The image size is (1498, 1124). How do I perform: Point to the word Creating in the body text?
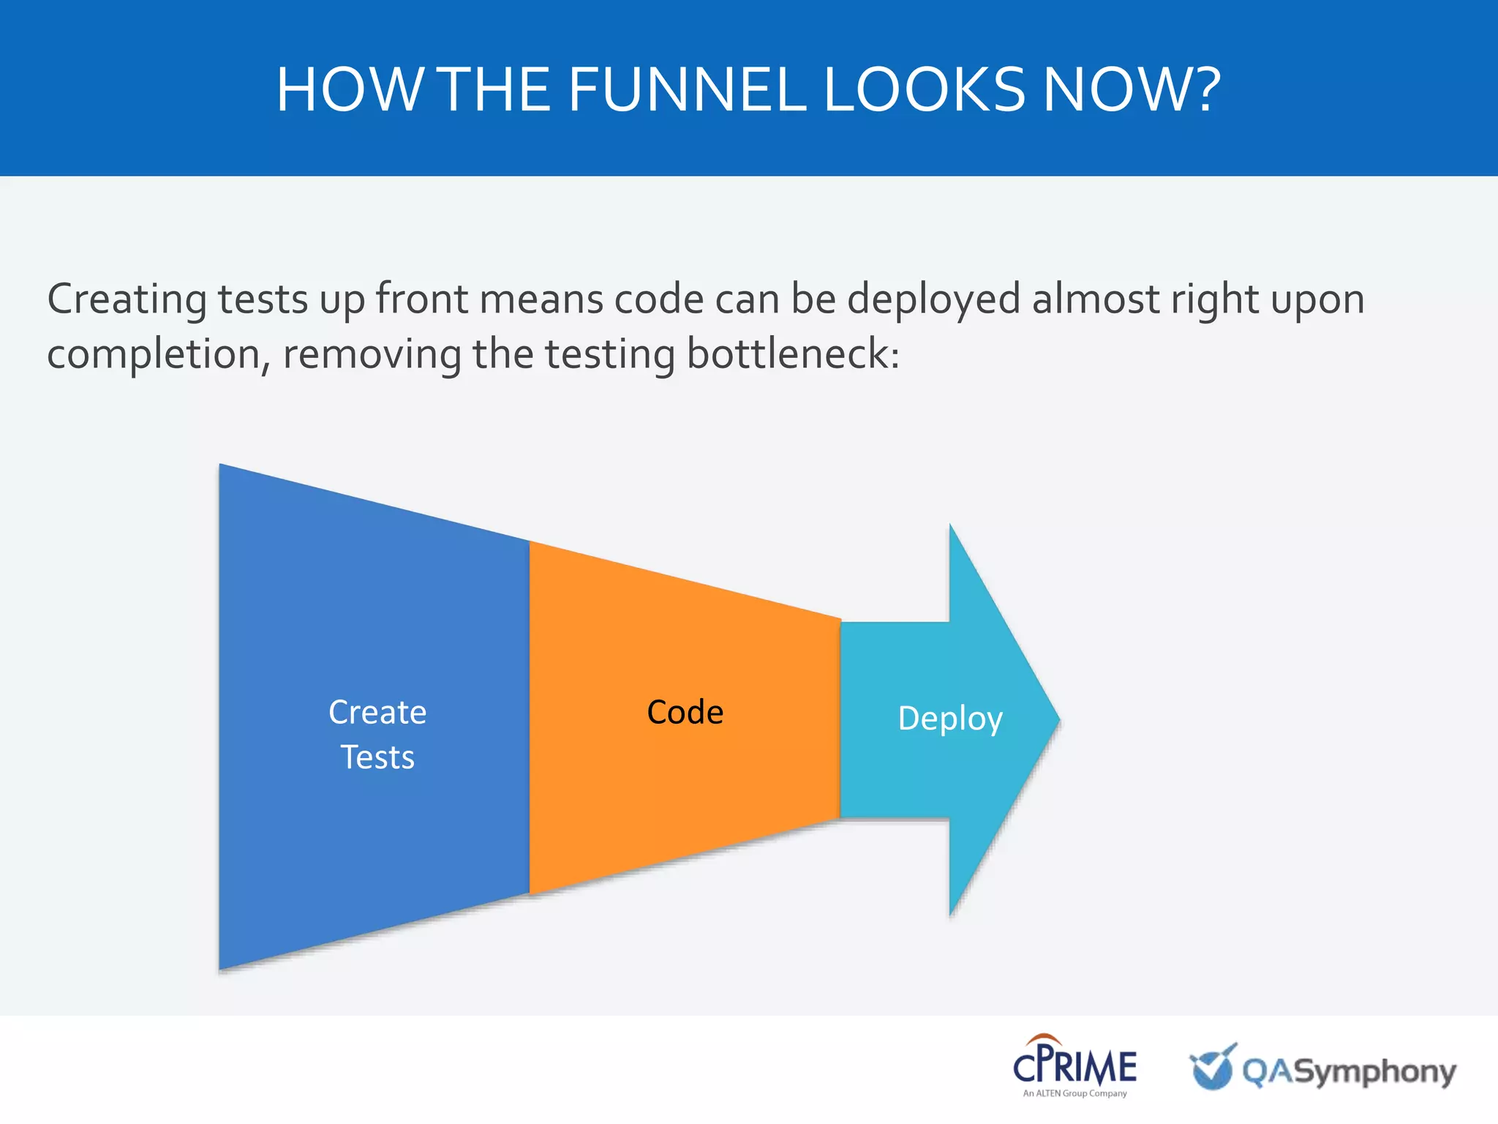pyautogui.click(x=127, y=300)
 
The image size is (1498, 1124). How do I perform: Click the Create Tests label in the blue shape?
pyautogui.click(x=377, y=734)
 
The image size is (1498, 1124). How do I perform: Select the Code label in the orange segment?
pyautogui.click(x=685, y=713)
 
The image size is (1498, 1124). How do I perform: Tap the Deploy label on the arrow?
pyautogui.click(x=949, y=719)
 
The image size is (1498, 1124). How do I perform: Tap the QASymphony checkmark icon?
pyautogui.click(x=1213, y=1067)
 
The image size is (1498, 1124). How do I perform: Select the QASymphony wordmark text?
pyautogui.click(x=1350, y=1072)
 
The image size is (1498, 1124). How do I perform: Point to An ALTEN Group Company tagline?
pyautogui.click(x=1074, y=1093)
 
